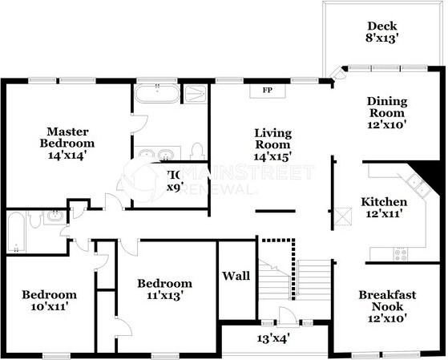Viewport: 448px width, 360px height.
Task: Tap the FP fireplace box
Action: click(x=267, y=90)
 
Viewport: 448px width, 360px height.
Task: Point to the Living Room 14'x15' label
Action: click(x=272, y=145)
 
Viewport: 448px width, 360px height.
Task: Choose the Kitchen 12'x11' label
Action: click(x=383, y=208)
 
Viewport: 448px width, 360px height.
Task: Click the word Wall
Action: click(x=236, y=276)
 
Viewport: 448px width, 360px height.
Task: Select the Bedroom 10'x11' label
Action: click(x=49, y=301)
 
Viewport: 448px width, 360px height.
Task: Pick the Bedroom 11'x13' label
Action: click(x=164, y=289)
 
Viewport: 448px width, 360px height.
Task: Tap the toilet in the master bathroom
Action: click(x=197, y=152)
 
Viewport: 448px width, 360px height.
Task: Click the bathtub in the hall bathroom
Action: click(x=16, y=232)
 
